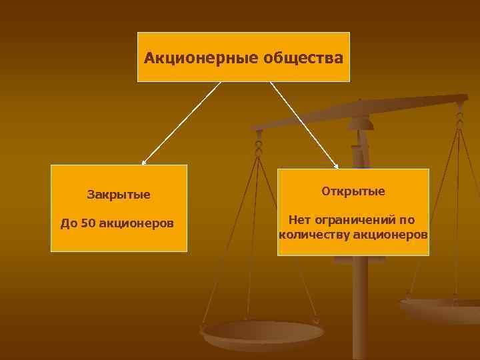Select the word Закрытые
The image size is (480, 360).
pos(119,195)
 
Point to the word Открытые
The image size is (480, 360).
pos(353,191)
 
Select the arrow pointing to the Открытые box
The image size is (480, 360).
pos(303,124)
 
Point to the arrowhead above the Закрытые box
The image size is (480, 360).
pos(143,162)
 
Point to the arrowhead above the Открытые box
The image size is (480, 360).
pos(337,166)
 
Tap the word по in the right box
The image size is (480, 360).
pos(407,219)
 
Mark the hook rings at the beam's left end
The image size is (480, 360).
pos(259,143)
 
